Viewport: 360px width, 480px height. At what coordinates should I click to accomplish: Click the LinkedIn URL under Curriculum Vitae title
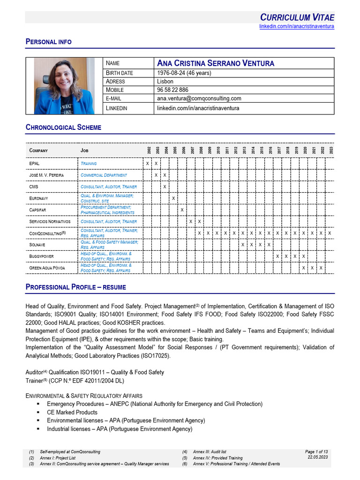coord(297,26)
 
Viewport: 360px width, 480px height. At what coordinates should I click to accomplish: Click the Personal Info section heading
coord(48,42)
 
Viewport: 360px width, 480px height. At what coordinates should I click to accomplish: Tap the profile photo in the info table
coord(64,86)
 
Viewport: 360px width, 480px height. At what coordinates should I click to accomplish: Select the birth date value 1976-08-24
coord(184,73)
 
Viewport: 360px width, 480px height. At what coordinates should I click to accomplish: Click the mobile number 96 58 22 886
coord(172,90)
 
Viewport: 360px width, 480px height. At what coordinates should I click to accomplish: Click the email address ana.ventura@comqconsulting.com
coord(199,98)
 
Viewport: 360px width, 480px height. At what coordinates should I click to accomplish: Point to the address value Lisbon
coord(165,81)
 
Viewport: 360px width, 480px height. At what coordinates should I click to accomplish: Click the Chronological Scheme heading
coord(63,127)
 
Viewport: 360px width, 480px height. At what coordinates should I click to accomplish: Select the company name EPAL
coord(34,164)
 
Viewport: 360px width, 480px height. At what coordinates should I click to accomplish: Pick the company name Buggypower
coord(41,256)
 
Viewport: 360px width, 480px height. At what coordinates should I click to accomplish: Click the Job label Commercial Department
coord(104,175)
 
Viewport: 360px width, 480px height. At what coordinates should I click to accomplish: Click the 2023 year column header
coord(330,150)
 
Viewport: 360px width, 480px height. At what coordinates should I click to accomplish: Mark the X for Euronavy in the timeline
coord(173,198)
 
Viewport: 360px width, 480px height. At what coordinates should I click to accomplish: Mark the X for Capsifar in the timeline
coord(182,210)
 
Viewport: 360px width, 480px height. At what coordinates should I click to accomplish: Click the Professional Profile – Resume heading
coord(75,287)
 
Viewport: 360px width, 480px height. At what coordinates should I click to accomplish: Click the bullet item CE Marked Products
coord(72,412)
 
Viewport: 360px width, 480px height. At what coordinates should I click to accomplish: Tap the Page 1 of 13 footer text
coord(316,451)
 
